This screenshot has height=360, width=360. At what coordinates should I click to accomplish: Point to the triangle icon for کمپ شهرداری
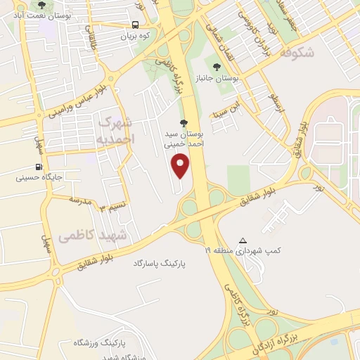coord(243,240)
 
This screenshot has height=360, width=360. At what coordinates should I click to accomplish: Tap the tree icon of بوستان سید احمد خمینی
coord(184,122)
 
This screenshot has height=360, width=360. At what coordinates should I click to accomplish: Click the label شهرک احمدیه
coord(115,130)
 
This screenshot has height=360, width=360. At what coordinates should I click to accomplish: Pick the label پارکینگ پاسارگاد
coord(161,263)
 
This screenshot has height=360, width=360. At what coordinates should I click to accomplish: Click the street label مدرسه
coord(80,201)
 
